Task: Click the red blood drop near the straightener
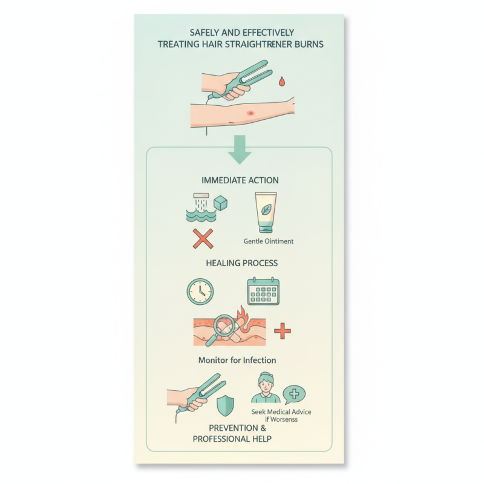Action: (x=281, y=82)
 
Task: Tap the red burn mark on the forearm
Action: (x=250, y=113)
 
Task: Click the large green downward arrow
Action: (x=240, y=149)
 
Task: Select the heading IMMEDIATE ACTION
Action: (x=240, y=180)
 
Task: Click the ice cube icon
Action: (x=221, y=203)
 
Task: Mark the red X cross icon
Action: (x=203, y=238)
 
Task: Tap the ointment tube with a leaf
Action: (x=266, y=213)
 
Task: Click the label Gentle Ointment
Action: (x=268, y=241)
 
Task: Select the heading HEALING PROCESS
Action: (x=241, y=263)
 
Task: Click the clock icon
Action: (x=200, y=292)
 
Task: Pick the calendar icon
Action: (x=263, y=291)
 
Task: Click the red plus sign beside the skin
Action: (x=283, y=331)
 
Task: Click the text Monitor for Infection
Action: (x=237, y=360)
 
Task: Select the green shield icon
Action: (x=225, y=405)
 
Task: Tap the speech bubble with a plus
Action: (x=294, y=394)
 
